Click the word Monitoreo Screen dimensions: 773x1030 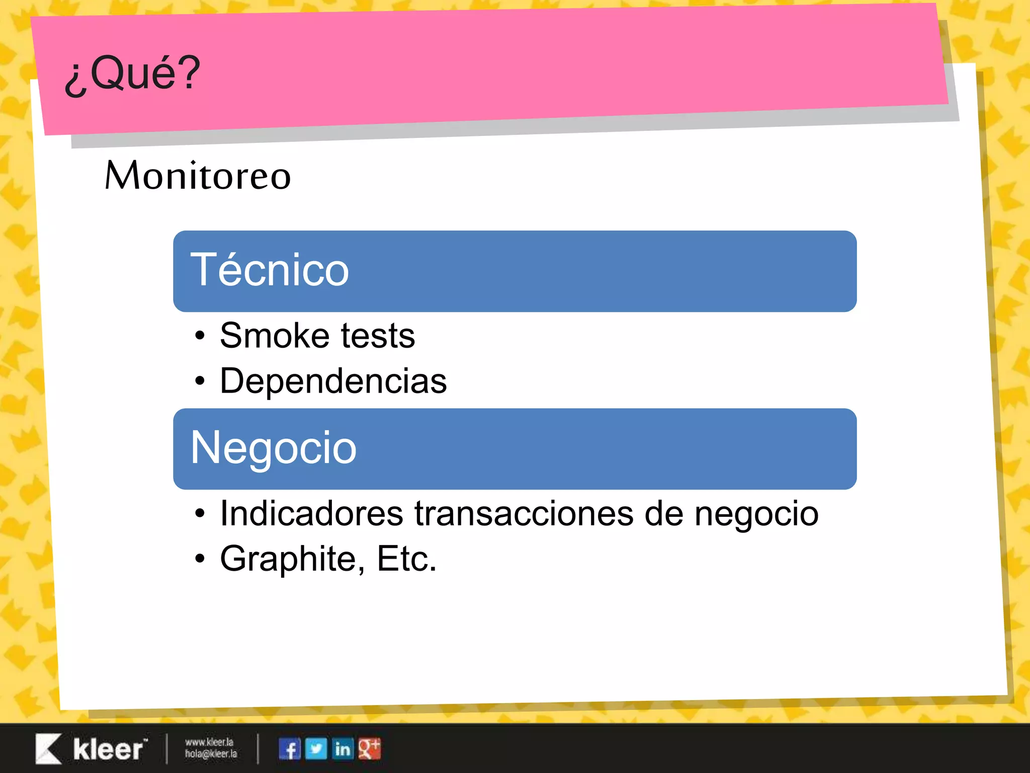(x=198, y=176)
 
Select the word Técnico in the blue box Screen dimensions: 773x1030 (x=270, y=271)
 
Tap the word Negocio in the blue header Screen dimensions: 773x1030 (x=274, y=448)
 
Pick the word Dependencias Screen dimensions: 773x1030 (x=333, y=381)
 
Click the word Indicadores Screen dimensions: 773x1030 (x=311, y=514)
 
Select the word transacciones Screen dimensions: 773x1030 (x=524, y=514)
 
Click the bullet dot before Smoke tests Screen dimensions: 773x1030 (x=200, y=336)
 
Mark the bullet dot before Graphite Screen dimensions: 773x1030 (x=200, y=559)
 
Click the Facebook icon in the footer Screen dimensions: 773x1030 (x=290, y=749)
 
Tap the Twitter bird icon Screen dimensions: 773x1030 (x=316, y=749)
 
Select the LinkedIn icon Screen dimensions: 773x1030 (x=343, y=749)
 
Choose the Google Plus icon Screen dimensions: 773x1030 (x=370, y=749)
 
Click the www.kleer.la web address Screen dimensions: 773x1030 (x=209, y=742)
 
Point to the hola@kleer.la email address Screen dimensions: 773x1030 (x=211, y=754)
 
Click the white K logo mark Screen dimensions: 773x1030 (x=48, y=749)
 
